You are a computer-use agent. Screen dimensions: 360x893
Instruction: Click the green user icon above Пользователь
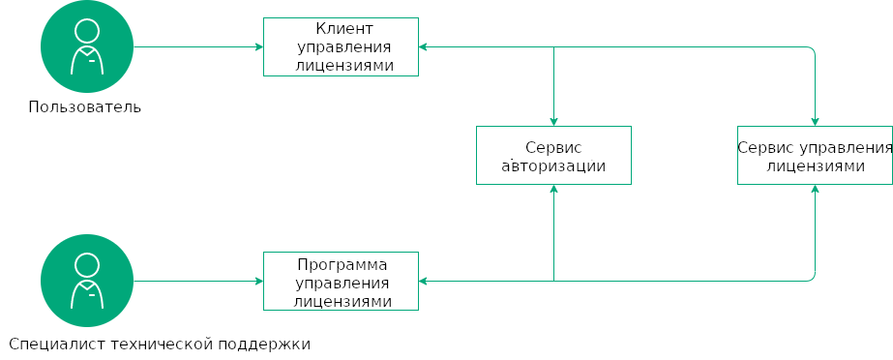(87, 46)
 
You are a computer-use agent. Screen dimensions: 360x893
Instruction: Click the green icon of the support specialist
(87, 281)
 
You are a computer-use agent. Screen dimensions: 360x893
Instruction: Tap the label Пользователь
(85, 106)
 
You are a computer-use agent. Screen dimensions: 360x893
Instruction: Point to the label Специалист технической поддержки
(160, 343)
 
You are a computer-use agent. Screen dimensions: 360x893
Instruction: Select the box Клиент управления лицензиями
(341, 46)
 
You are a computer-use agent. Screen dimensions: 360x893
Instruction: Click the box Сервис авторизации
(553, 155)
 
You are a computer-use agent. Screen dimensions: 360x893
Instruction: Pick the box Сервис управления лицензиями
(815, 155)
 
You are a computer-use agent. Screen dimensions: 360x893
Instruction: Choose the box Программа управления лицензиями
(341, 281)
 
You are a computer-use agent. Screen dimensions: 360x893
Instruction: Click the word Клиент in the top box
(342, 29)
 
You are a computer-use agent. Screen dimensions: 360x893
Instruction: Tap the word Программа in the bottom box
(342, 264)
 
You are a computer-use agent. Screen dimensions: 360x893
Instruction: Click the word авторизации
(553, 165)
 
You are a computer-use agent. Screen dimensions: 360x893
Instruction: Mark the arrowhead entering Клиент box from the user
(259, 46)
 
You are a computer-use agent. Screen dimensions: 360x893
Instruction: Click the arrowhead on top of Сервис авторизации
(553, 122)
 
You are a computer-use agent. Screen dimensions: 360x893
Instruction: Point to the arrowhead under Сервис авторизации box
(553, 189)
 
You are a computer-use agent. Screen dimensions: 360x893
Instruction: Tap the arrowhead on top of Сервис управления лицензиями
(815, 122)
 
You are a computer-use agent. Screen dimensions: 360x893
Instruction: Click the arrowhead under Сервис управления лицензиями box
(815, 189)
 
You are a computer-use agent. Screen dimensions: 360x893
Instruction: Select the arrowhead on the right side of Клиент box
(423, 46)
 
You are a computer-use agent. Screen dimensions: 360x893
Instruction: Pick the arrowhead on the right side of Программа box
(423, 281)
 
